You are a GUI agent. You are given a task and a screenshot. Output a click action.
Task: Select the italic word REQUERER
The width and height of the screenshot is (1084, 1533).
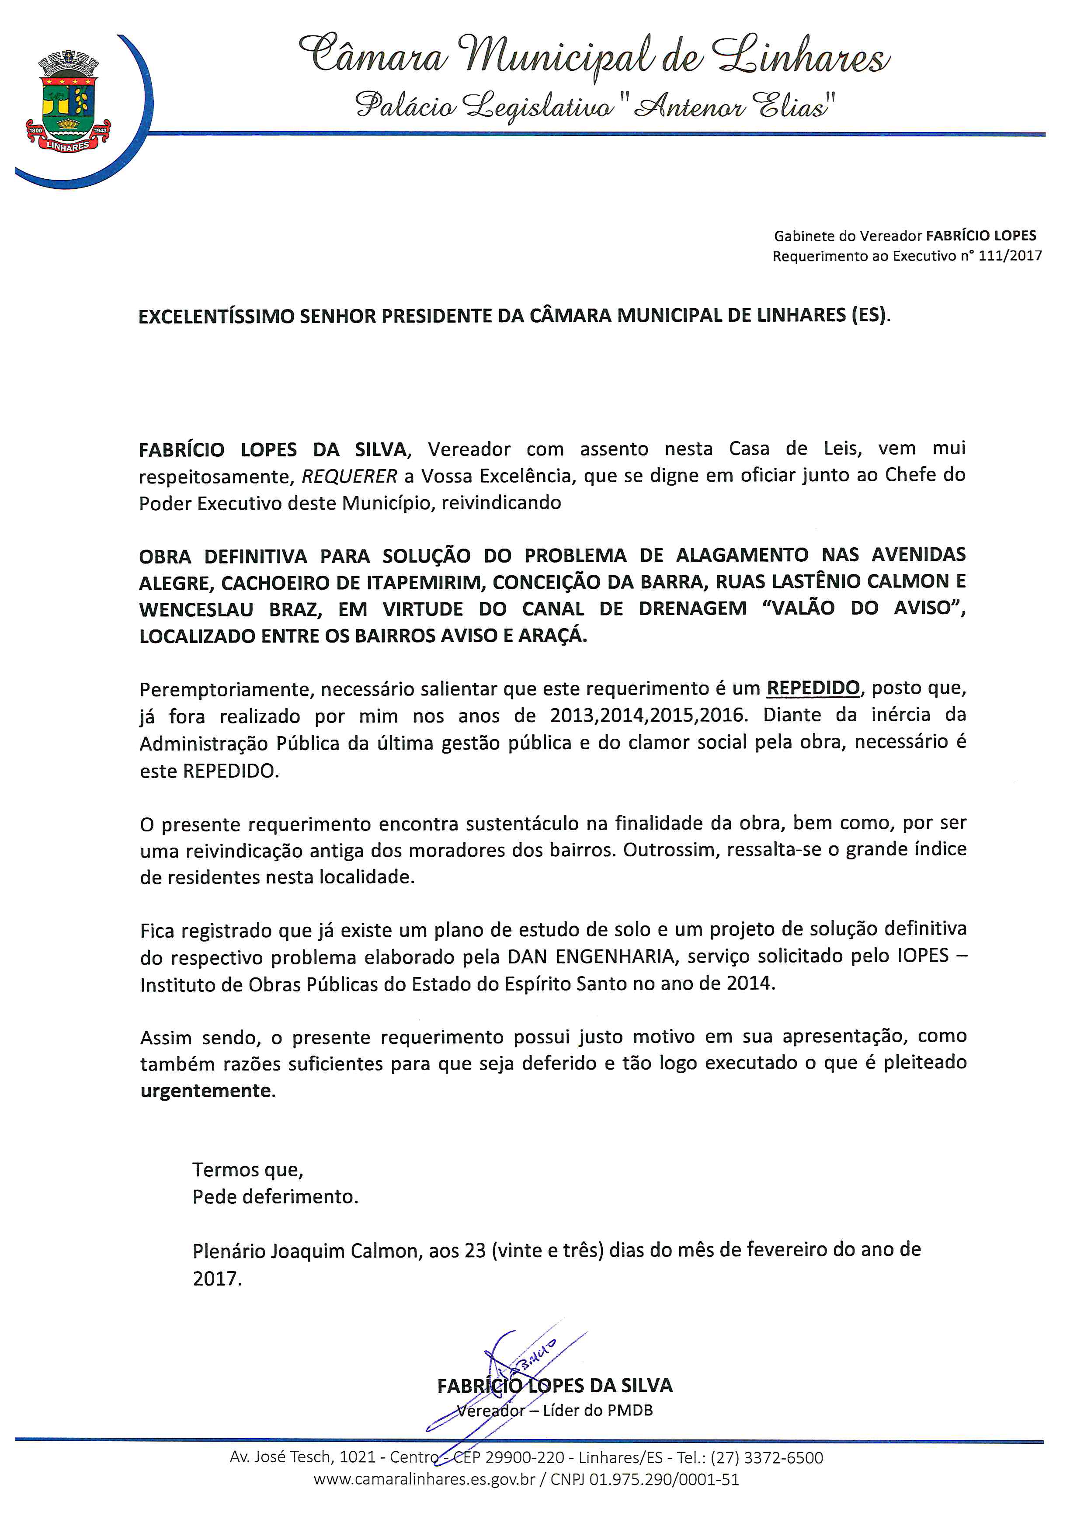[350, 476]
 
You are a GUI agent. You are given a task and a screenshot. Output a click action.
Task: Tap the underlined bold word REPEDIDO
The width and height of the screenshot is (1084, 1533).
[813, 688]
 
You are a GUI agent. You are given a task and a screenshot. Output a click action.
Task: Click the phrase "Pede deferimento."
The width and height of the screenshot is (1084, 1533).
[275, 1196]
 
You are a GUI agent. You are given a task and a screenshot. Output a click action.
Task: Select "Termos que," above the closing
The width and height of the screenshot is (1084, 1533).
[248, 1169]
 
